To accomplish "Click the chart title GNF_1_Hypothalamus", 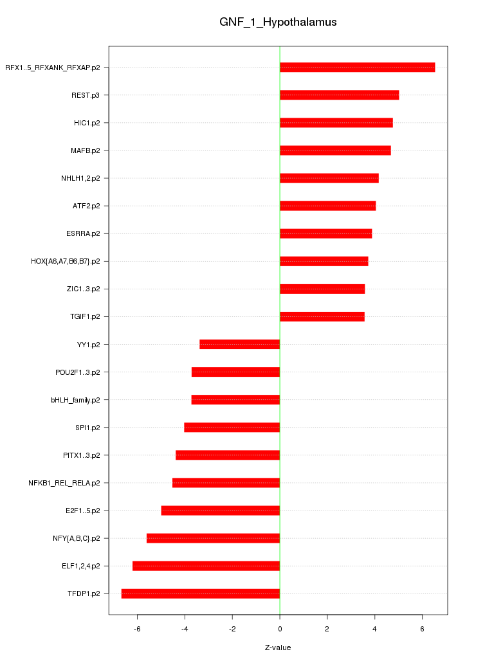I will [278, 23].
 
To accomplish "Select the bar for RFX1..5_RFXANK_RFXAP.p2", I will [357, 68].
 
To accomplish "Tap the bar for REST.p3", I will [339, 95].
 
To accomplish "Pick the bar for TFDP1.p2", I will [201, 593].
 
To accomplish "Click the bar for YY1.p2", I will [239, 345].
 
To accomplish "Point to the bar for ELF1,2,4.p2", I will [206, 566].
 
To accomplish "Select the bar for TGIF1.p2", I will [322, 317].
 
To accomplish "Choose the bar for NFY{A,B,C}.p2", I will [213, 538].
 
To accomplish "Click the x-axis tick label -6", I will [137, 628].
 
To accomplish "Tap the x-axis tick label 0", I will [280, 628].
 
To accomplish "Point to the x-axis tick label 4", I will [375, 628].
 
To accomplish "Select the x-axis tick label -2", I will [232, 628].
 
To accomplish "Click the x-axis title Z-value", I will [278, 647].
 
